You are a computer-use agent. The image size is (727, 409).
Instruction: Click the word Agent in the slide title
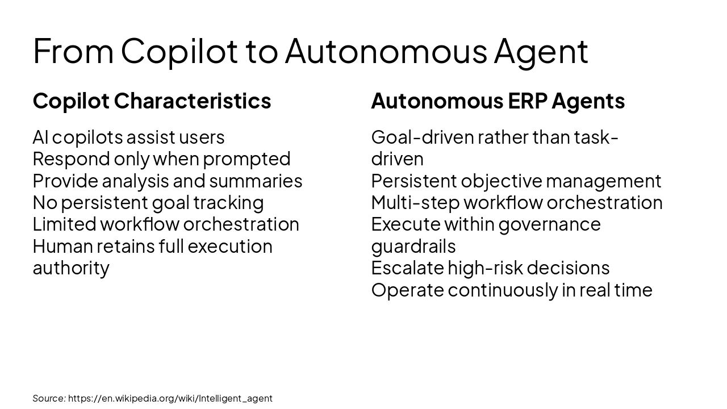(x=541, y=51)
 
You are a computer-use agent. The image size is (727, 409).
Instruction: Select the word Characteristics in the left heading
(x=193, y=101)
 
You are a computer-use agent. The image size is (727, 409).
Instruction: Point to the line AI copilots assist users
(x=128, y=137)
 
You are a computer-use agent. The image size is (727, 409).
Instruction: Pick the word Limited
(x=64, y=224)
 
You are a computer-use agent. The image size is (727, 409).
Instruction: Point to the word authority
(x=71, y=268)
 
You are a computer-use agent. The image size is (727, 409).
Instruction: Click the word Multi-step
(x=415, y=202)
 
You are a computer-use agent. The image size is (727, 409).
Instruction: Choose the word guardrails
(x=413, y=246)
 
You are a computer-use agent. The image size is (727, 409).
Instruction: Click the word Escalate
(x=407, y=268)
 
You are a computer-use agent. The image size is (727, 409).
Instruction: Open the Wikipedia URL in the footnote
(x=170, y=398)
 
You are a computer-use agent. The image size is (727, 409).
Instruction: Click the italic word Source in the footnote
(x=48, y=398)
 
